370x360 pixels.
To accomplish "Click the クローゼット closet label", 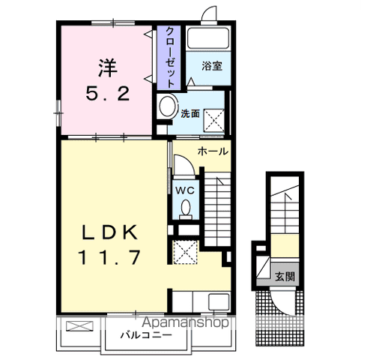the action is click(170, 57).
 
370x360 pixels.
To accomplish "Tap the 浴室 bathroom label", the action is click(212, 66).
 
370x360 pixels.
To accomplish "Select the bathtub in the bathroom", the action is click(208, 38).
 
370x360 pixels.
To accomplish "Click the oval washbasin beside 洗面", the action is click(167, 106).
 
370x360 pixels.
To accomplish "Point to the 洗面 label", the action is click(190, 114).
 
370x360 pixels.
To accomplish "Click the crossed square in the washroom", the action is click(214, 120).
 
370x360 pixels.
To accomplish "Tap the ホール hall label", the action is click(213, 151).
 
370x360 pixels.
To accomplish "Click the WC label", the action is click(185, 191).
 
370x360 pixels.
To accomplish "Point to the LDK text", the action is click(110, 232).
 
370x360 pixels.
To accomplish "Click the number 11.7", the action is click(110, 257).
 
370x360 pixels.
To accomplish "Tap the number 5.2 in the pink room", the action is click(108, 93).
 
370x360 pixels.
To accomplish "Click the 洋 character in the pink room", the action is click(108, 67).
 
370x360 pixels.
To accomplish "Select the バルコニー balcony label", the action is click(146, 334).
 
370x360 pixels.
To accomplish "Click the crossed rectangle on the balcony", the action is click(79, 326).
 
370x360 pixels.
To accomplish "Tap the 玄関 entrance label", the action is click(285, 277).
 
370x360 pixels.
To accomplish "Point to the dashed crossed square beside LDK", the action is click(186, 252).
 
